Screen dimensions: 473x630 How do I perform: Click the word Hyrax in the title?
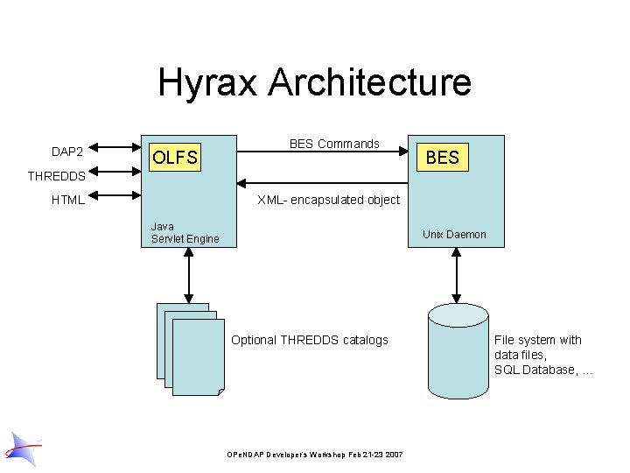[x=209, y=83]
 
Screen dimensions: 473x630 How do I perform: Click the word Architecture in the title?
[x=370, y=83]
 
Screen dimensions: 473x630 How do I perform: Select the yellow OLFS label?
[x=175, y=158]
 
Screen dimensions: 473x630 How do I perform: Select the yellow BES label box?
[x=442, y=157]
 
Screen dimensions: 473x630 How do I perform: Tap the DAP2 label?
[x=67, y=152]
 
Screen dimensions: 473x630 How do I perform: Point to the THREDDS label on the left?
[x=56, y=176]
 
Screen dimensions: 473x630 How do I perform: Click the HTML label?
[x=68, y=200]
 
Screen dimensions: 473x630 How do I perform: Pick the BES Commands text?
[x=334, y=144]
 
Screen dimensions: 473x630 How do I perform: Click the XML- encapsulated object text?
[x=328, y=200]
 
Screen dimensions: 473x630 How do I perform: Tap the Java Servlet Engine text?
[x=185, y=233]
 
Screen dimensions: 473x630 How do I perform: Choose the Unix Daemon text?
[x=454, y=234]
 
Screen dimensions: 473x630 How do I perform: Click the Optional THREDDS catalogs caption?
[x=310, y=340]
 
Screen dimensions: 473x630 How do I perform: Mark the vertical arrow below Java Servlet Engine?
[x=188, y=274]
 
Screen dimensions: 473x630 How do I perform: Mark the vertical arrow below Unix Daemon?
[x=454, y=274]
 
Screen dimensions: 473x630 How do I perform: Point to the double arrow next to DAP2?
[x=109, y=146]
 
